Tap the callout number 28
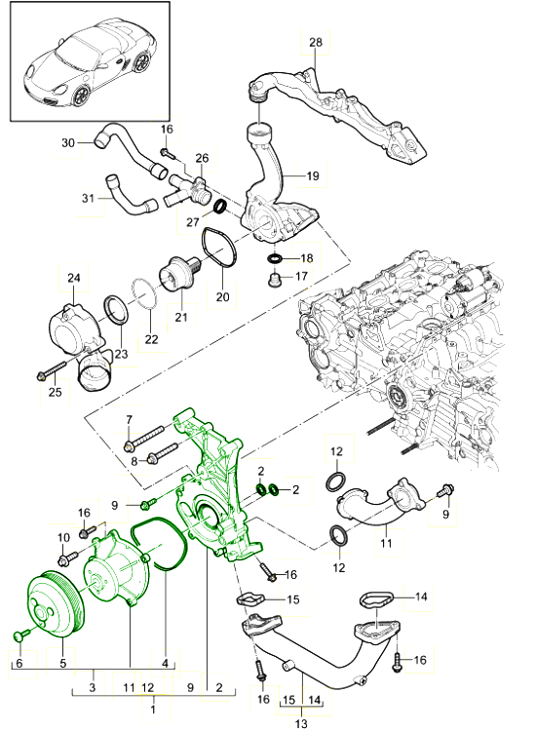[315, 42]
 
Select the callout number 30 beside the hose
[67, 143]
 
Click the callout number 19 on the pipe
[313, 176]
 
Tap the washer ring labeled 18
[277, 259]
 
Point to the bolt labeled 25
[52, 371]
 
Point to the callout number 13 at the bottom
[301, 724]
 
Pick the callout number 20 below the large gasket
[220, 296]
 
